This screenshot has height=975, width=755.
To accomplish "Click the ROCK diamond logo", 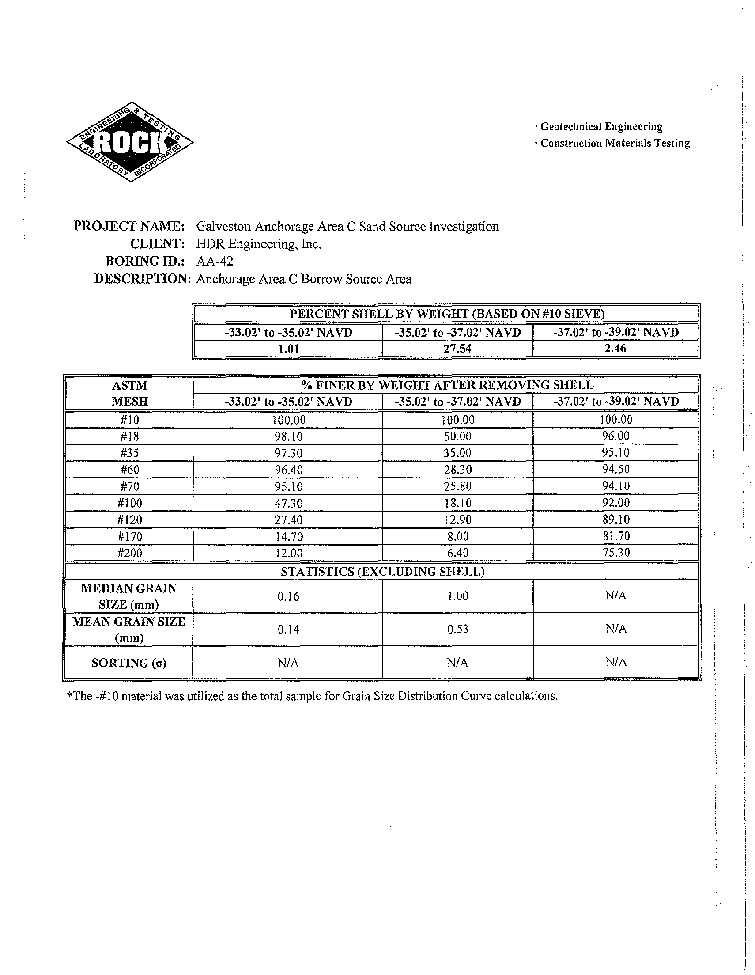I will (130, 142).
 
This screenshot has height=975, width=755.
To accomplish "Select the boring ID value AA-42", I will (215, 261).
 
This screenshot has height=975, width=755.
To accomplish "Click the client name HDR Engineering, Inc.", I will (259, 244).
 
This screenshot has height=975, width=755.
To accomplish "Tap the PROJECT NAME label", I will (129, 226).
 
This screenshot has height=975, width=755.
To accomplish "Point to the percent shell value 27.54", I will (457, 349).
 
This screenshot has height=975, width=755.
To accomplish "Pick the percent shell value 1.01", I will (288, 349).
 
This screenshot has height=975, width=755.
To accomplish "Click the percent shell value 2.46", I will (615, 348).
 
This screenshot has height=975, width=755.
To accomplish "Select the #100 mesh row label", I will (129, 503).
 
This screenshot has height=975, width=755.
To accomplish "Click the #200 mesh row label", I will (129, 553).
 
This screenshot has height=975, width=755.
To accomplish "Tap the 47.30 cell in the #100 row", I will (288, 503).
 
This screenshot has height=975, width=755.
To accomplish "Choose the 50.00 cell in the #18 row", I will (457, 436).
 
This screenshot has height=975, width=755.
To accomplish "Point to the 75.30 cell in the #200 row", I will (616, 553).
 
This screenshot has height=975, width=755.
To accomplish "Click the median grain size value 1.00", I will (458, 596).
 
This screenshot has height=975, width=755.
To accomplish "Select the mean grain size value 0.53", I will (458, 629).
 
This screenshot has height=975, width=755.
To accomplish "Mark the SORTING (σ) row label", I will (128, 663).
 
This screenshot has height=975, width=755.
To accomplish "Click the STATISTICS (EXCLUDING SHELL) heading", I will (382, 571).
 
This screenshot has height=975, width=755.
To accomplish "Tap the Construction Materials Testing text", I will (615, 143).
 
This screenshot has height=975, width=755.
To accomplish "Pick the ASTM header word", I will (130, 385).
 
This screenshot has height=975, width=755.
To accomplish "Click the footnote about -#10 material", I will (312, 696).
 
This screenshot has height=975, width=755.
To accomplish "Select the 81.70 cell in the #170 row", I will (616, 536).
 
